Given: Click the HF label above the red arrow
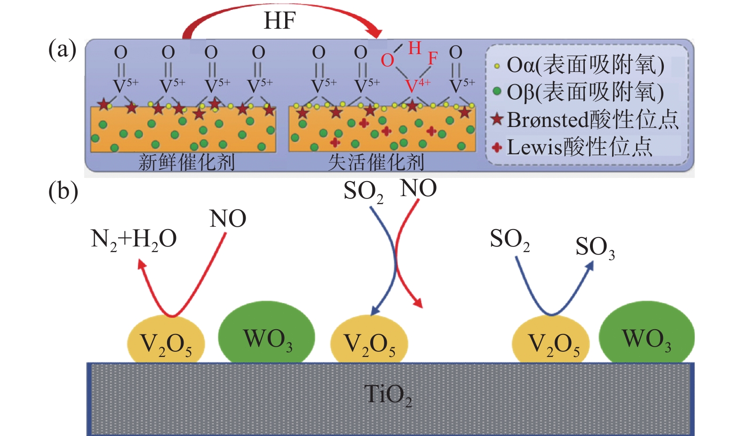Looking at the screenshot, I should pyautogui.click(x=279, y=21).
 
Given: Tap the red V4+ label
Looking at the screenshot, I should pyautogui.click(x=417, y=86).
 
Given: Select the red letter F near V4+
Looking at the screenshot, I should pyautogui.click(x=432, y=59).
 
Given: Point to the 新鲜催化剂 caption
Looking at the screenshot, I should pyautogui.click(x=187, y=162).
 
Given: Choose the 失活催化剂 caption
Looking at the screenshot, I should pyautogui.click(x=376, y=162).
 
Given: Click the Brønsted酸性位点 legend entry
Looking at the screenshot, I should pyautogui.click(x=586, y=119).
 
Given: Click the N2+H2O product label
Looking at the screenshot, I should pyautogui.click(x=134, y=239).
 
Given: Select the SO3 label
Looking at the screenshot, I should pyautogui.click(x=595, y=247).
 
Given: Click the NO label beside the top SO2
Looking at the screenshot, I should pyautogui.click(x=418, y=189).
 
